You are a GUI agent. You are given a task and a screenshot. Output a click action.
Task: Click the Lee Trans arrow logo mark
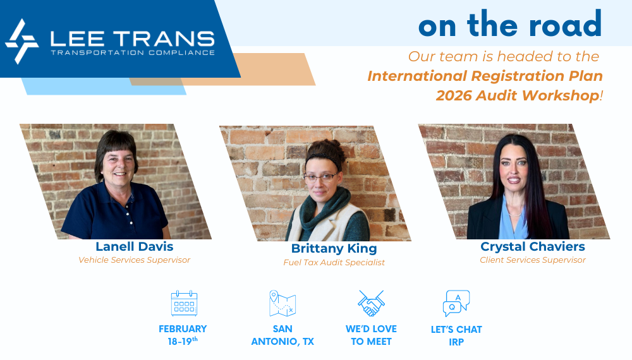(x=21, y=42)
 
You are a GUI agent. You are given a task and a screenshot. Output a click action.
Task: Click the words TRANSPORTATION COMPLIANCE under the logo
(x=133, y=53)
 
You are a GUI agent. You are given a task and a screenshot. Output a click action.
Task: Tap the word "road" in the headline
(x=565, y=25)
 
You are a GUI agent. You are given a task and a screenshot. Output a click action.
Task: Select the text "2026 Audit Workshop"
(x=518, y=95)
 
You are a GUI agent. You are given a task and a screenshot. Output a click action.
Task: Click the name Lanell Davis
(x=134, y=246)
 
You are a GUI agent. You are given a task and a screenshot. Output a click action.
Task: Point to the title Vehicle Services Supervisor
(x=134, y=260)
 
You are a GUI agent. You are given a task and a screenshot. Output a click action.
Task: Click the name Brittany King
(x=334, y=249)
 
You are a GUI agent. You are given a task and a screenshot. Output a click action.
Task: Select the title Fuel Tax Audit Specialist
(x=334, y=263)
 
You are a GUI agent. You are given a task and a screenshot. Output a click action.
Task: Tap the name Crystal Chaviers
(x=532, y=246)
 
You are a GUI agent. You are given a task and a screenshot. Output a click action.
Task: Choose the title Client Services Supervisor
(x=532, y=260)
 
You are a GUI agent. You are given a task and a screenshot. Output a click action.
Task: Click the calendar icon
(x=184, y=303)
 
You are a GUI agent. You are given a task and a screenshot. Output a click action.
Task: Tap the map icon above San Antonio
(x=282, y=303)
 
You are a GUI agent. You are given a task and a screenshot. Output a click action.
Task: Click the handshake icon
(x=371, y=303)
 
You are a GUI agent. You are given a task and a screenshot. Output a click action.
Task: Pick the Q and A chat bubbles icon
(x=456, y=303)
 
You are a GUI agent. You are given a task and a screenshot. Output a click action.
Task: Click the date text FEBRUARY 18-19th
(x=183, y=335)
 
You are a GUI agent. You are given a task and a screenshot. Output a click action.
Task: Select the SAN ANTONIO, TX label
(x=282, y=335)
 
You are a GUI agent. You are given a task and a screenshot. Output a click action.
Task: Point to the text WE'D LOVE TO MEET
(x=371, y=335)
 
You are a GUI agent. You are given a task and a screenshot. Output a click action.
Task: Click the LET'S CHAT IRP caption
(x=456, y=335)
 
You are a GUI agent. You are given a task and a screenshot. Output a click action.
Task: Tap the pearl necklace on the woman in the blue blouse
(x=514, y=215)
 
